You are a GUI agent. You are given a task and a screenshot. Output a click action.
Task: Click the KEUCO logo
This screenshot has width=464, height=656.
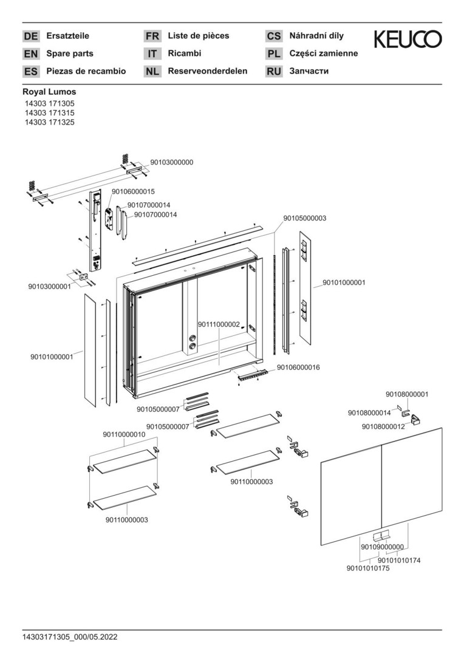click(x=408, y=39)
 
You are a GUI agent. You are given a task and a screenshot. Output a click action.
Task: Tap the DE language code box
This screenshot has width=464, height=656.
click(x=30, y=36)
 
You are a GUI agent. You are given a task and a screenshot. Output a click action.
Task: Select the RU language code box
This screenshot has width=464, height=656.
click(x=274, y=72)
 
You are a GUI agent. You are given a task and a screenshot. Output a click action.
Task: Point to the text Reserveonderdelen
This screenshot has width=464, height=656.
click(x=207, y=71)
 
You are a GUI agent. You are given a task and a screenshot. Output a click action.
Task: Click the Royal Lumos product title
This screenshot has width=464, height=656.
click(x=49, y=92)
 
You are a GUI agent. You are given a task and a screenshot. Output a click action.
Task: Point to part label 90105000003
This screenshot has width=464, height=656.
click(x=305, y=218)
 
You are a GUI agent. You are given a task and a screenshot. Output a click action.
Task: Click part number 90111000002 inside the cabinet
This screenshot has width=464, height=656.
click(x=219, y=325)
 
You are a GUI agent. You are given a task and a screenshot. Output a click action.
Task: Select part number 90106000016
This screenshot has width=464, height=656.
click(x=298, y=367)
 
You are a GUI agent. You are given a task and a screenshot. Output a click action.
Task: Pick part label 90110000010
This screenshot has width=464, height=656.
click(x=124, y=434)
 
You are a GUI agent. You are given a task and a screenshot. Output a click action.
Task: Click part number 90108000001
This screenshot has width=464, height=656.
click(x=407, y=394)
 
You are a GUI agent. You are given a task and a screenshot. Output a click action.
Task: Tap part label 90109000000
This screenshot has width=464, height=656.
click(x=382, y=547)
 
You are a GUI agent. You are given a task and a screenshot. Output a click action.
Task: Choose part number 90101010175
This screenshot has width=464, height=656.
click(x=368, y=568)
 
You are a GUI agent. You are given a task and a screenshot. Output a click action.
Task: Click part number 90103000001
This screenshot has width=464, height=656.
click(x=50, y=286)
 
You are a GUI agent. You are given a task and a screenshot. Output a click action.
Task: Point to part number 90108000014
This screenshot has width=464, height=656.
click(x=369, y=413)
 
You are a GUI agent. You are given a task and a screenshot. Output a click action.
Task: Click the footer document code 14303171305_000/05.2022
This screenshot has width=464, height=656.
click(x=70, y=637)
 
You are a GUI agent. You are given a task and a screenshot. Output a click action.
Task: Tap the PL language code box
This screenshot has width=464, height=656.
click(x=274, y=54)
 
